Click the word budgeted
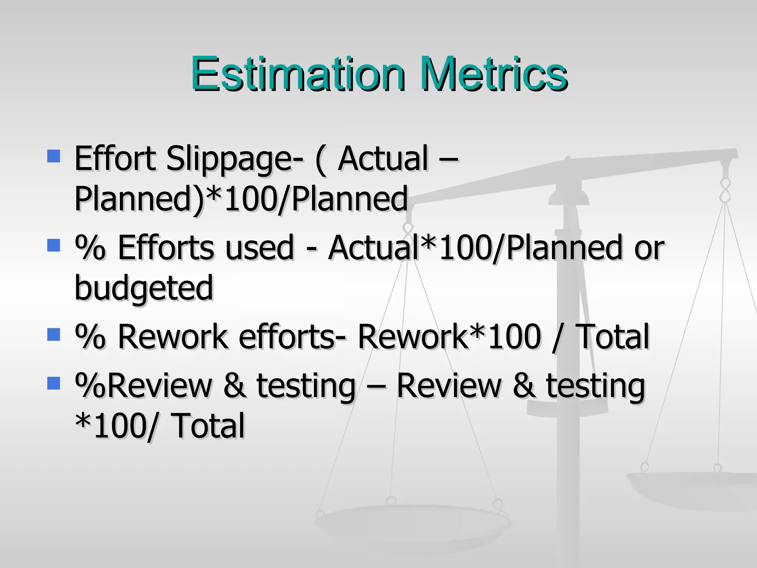click(x=144, y=288)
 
